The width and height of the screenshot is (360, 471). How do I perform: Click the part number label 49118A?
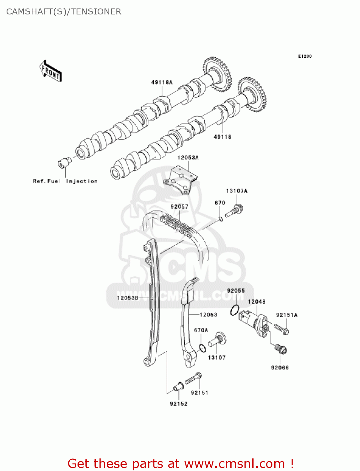[162, 83]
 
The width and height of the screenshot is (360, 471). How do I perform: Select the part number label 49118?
[222, 137]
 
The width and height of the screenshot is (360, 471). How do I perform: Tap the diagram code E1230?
[305, 56]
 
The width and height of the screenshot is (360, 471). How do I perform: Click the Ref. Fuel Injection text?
[65, 181]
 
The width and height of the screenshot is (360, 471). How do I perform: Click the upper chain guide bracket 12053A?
[180, 181]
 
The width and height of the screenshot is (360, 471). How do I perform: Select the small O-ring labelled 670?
[221, 219]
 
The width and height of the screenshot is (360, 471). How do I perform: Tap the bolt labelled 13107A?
[235, 210]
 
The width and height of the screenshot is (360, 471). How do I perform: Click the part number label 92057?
[179, 207]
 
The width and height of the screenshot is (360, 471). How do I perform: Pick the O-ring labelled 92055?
[235, 310]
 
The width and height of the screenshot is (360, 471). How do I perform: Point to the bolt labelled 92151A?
[281, 328]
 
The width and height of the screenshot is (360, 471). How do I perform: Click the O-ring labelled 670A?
[203, 348]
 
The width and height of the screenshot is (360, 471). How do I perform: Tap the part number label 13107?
[217, 358]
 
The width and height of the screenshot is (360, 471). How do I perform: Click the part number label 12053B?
[127, 298]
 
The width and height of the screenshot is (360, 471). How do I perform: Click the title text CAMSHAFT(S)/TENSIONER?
[64, 12]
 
